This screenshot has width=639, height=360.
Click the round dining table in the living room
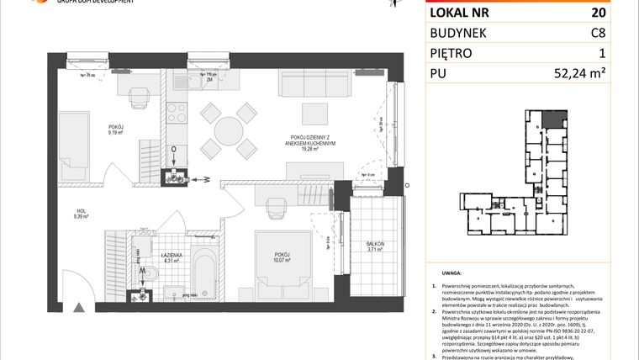pos(229,130)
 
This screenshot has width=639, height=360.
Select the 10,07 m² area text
pos(281,260)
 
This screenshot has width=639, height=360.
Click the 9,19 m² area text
pos(115,131)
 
